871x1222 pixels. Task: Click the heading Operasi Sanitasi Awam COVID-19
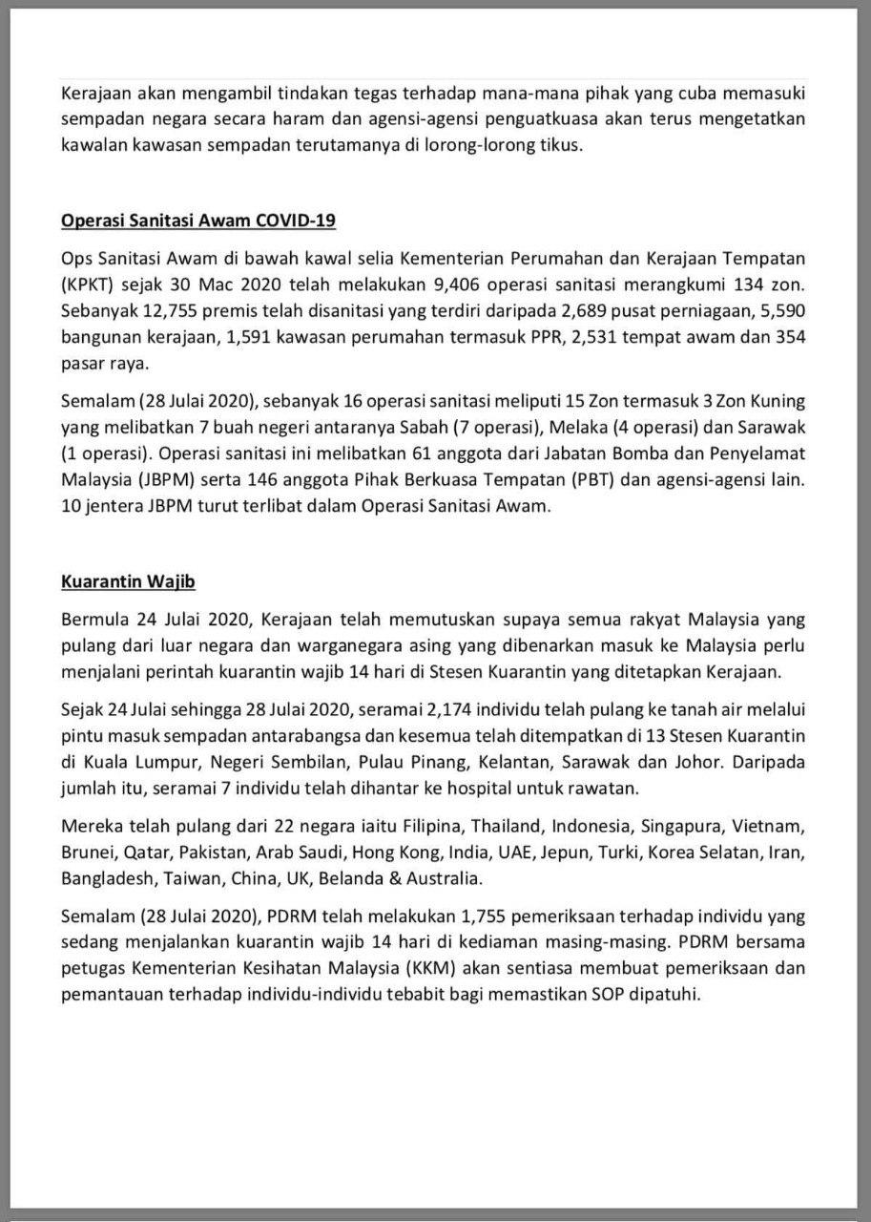click(x=198, y=221)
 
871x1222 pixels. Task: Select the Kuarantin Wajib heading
click(x=128, y=580)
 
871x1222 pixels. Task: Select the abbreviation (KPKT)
click(x=88, y=285)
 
